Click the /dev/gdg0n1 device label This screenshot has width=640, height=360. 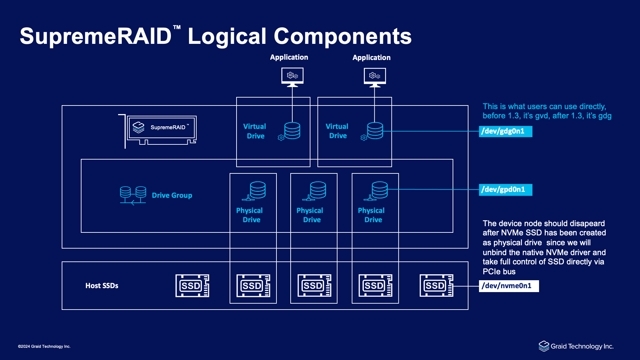pos(505,131)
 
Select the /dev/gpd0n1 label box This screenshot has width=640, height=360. pos(505,190)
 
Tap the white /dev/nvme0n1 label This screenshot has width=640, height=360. pos(508,286)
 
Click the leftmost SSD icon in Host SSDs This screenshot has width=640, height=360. pos(192,285)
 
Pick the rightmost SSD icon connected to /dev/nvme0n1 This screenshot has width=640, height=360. pos(436,285)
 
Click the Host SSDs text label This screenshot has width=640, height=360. pos(102,285)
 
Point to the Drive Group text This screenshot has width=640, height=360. pos(172,195)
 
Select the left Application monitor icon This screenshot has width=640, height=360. pos(292,77)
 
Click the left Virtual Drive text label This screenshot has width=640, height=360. pos(255,131)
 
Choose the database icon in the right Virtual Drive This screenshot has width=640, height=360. pos(375,131)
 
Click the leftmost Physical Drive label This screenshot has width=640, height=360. pos(250,215)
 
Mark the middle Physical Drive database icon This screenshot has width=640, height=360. pos(318,190)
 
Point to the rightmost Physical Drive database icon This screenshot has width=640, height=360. pos(379,190)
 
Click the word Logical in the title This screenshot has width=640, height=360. pos(227,36)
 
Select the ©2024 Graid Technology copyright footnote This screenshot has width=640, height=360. pos(44,346)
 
